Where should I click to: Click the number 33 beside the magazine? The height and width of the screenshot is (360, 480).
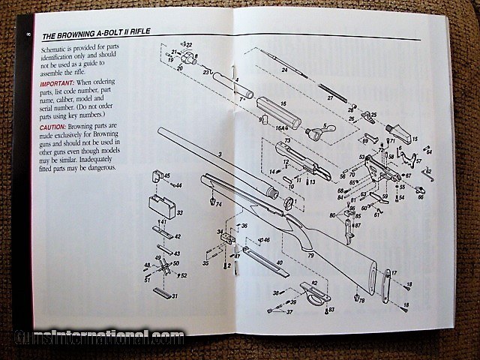point(179,214)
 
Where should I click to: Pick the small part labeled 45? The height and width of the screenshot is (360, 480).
point(158,177)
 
